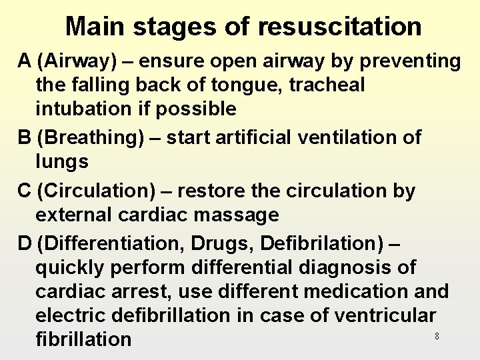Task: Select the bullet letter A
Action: [x=25, y=61]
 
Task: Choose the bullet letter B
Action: [x=25, y=137]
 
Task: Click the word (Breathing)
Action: [x=89, y=137]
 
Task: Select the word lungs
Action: [x=62, y=161]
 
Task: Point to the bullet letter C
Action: [x=26, y=191]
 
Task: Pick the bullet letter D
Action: [x=26, y=243]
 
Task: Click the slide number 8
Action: [x=437, y=337]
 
